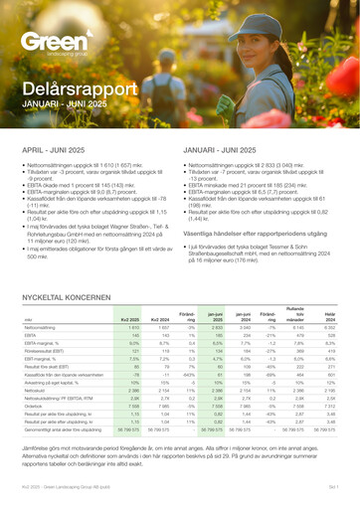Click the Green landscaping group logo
click(55, 44)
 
